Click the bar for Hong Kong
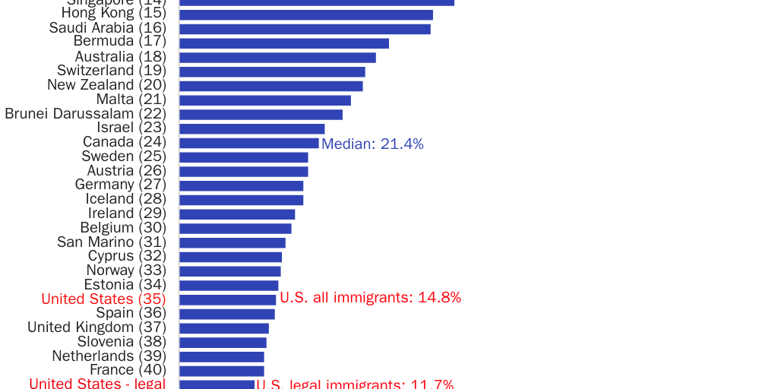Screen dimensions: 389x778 [x=305, y=14]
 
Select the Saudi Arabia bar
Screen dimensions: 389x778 [x=305, y=29]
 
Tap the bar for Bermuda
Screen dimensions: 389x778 [x=283, y=43]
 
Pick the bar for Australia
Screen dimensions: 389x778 [x=277, y=58]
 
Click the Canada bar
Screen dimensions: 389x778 [x=248, y=143]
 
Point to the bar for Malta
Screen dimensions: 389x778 [x=264, y=100]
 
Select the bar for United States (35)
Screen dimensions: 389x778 [x=227, y=299]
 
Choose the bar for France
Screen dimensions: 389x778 [x=221, y=371]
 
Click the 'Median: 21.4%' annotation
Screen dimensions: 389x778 [x=372, y=144]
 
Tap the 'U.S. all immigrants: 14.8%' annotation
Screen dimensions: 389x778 [x=370, y=298]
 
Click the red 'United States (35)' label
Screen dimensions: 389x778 [x=103, y=299]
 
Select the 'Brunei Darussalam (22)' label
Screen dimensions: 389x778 [x=85, y=114]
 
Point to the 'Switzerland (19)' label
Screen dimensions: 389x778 [x=111, y=71]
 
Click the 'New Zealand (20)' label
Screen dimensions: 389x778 [x=106, y=85]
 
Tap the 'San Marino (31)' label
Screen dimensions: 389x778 [x=111, y=242]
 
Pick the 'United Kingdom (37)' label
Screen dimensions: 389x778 [x=96, y=327]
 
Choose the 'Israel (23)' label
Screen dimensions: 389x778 [x=131, y=128]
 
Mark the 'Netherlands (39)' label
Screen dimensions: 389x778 [x=109, y=356]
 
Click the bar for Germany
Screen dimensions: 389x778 [x=241, y=185]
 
